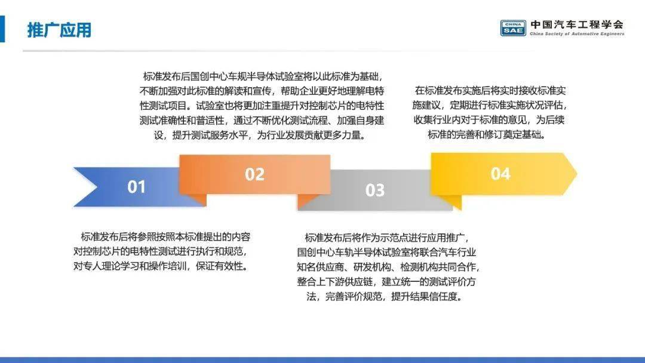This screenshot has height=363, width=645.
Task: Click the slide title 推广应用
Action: pyautogui.click(x=59, y=30)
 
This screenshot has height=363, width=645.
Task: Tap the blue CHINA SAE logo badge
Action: pyautogui.click(x=513, y=28)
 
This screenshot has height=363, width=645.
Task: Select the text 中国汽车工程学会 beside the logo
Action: pyautogui.click(x=577, y=24)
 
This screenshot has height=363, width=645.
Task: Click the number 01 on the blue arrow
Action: pyautogui.click(x=136, y=187)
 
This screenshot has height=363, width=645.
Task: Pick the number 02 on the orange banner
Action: pyautogui.click(x=254, y=174)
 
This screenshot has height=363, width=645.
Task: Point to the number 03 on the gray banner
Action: pyautogui.click(x=374, y=190)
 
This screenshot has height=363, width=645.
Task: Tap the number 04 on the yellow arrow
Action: pyautogui.click(x=500, y=174)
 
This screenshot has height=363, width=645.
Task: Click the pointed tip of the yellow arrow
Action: pyautogui.click(x=577, y=174)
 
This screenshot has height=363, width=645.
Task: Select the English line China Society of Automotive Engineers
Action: pyautogui.click(x=577, y=34)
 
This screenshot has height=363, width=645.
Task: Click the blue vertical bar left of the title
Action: pyautogui.click(x=2, y=29)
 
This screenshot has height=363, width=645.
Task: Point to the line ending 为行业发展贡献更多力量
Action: pyautogui.click(x=260, y=136)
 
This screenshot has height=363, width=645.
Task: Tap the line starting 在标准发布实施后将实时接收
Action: pyautogui.click(x=490, y=90)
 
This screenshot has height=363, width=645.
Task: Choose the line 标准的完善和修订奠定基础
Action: pyautogui.click(x=486, y=135)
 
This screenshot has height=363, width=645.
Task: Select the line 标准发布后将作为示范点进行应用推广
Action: pyautogui.click(x=386, y=238)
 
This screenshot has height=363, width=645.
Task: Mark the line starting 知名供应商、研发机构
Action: pyautogui.click(x=388, y=267)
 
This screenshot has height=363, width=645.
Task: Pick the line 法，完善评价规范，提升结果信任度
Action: pyautogui.click(x=385, y=297)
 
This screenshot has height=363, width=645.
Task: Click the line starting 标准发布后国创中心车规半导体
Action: pyautogui.click(x=263, y=76)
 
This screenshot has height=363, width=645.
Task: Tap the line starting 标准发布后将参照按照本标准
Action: pyautogui.click(x=165, y=237)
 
